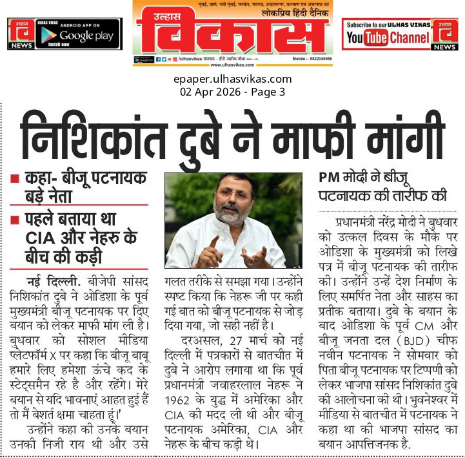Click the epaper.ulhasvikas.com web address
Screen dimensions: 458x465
pyautogui.click(x=232, y=79)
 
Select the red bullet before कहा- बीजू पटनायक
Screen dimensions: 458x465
pyautogui.click(x=14, y=178)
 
